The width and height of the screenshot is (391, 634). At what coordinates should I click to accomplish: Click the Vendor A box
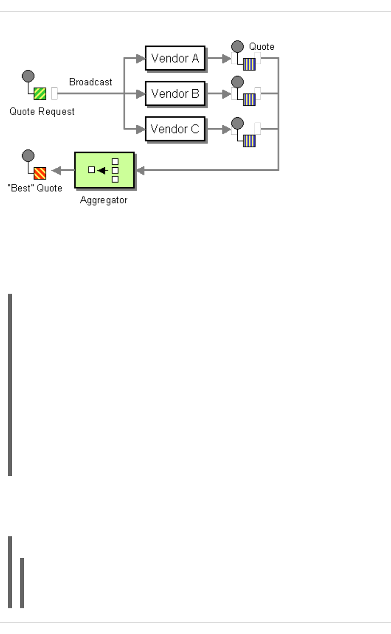[175, 58]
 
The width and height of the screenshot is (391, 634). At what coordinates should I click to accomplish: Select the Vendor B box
[175, 93]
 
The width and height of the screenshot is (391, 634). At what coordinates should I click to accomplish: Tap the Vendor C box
[175, 129]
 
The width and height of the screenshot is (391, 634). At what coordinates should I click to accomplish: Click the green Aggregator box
[104, 170]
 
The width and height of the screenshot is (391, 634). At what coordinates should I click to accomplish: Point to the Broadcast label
[90, 82]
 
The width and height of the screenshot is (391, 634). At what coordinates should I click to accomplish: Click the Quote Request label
[42, 111]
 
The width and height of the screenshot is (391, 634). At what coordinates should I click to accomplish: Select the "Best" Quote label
[35, 188]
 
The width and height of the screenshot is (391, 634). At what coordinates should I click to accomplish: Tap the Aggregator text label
[103, 200]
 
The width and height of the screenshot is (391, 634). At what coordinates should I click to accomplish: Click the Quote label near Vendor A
[261, 47]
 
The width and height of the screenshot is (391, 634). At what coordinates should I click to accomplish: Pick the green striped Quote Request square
[40, 94]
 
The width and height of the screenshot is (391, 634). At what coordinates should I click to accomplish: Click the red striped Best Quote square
[40, 173]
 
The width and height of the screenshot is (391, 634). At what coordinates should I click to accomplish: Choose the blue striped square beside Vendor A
[249, 64]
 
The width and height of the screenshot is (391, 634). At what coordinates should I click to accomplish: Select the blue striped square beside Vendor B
[249, 100]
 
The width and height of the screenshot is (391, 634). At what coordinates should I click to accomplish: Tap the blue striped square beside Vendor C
[249, 141]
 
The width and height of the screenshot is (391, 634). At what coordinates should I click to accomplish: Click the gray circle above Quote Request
[28, 76]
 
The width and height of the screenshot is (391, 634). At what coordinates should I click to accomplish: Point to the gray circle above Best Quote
[28, 156]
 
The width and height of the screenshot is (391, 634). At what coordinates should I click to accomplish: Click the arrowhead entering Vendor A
[141, 59]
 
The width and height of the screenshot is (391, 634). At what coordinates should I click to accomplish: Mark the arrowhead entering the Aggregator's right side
[140, 170]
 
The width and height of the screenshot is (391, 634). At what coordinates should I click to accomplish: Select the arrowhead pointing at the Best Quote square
[57, 170]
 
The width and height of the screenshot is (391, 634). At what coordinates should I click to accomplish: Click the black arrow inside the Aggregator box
[102, 170]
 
